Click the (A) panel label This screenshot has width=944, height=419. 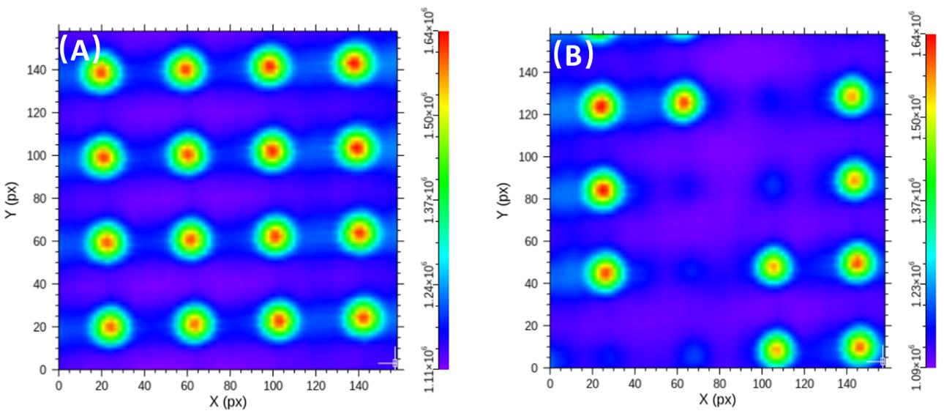pyautogui.click(x=80, y=51)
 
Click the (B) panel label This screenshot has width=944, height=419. pyautogui.click(x=572, y=55)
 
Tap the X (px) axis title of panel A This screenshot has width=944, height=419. pyautogui.click(x=227, y=402)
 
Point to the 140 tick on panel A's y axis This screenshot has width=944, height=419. pyautogui.click(x=40, y=70)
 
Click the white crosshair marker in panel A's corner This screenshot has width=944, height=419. pyautogui.click(x=394, y=361)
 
